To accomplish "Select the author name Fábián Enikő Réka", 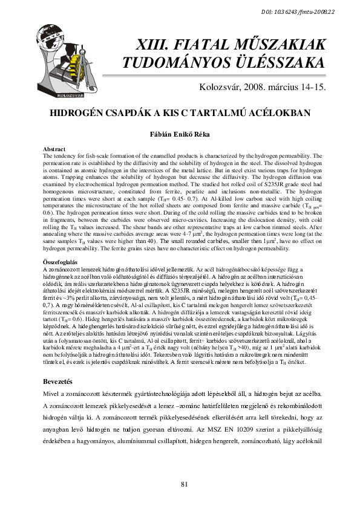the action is pos(180,133).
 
